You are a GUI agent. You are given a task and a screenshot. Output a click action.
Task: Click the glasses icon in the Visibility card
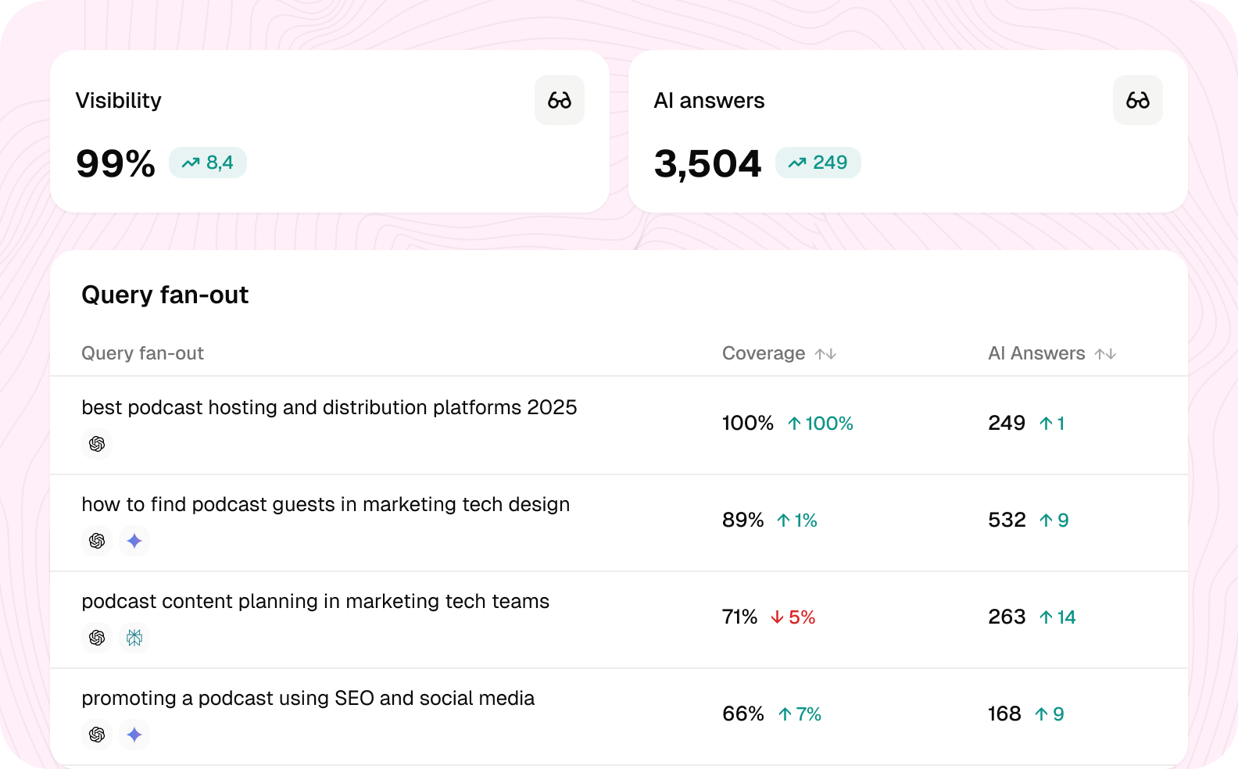coord(560,101)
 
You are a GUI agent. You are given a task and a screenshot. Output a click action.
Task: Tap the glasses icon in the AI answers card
coord(1137,101)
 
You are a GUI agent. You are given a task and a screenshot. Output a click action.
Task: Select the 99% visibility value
coord(116,163)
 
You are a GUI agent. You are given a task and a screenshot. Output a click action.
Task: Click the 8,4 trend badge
coord(208,163)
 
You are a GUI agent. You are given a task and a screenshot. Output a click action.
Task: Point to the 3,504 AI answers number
coord(707,164)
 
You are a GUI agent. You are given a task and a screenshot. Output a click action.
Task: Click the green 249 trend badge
coord(818,163)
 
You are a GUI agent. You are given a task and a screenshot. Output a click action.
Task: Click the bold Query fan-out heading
coord(165,295)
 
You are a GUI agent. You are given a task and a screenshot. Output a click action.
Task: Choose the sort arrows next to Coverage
coord(825,353)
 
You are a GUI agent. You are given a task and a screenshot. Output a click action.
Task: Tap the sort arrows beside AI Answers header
coord(1105,353)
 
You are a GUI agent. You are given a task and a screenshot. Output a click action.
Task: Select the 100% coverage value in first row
coord(748,423)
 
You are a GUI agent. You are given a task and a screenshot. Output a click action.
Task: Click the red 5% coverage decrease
coord(793,617)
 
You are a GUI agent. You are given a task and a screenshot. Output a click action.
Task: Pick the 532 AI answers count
coord(1007,520)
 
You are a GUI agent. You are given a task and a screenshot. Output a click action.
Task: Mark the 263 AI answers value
coord(1007,617)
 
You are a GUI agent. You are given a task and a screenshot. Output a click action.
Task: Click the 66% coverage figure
coord(743,714)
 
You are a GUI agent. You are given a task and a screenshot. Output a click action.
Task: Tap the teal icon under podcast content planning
coord(134,638)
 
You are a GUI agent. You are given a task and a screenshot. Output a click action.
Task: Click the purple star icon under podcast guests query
coord(134,541)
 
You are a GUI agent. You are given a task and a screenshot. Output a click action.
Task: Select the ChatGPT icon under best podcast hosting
coord(97,444)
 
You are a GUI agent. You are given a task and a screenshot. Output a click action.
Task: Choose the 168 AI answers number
coord(1004,714)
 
